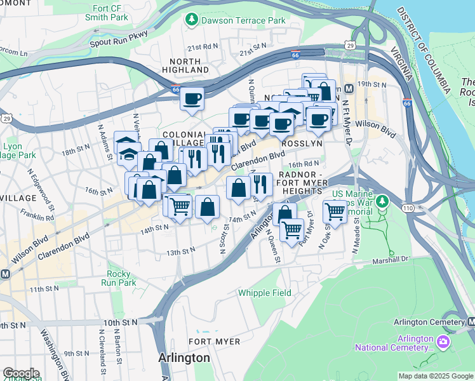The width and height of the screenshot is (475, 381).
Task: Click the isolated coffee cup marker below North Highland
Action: (192, 98)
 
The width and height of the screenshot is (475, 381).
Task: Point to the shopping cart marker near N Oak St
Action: (335, 211)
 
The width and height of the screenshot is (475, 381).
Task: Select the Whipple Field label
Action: (265, 293)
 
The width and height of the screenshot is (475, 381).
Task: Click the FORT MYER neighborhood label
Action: (214, 342)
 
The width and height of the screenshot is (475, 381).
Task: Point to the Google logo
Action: (20, 373)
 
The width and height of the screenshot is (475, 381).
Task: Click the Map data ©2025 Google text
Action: (436, 376)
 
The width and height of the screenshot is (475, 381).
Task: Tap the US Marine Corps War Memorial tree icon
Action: (382, 201)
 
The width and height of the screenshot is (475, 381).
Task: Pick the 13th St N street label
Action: (180, 252)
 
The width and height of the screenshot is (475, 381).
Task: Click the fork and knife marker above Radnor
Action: (260, 184)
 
